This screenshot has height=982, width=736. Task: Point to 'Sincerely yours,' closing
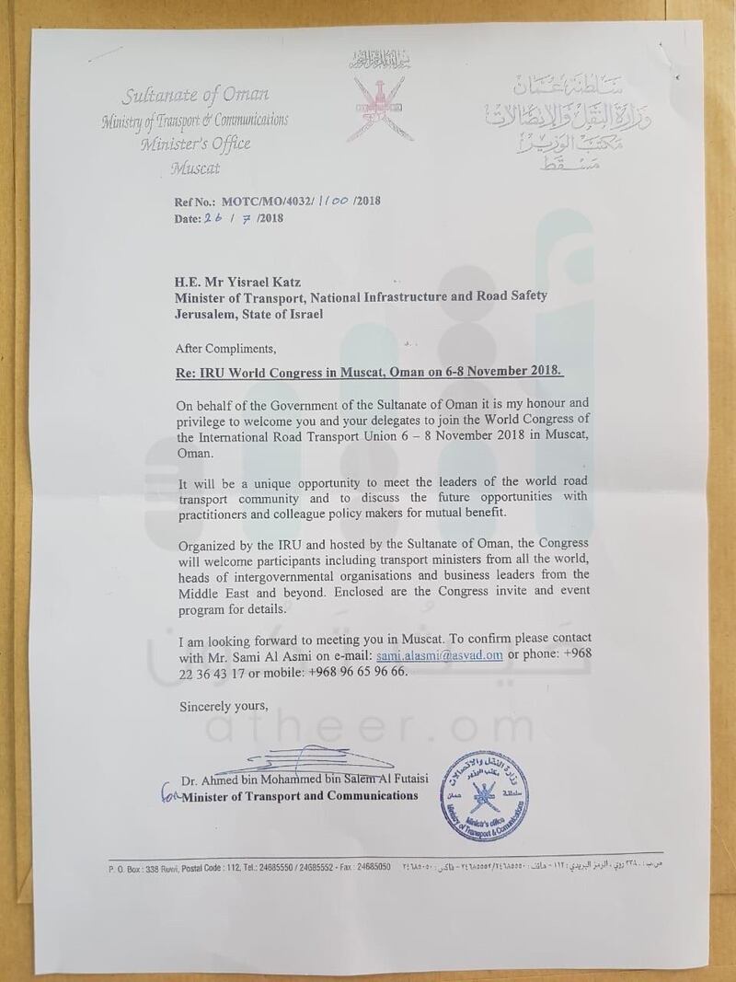(221, 706)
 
